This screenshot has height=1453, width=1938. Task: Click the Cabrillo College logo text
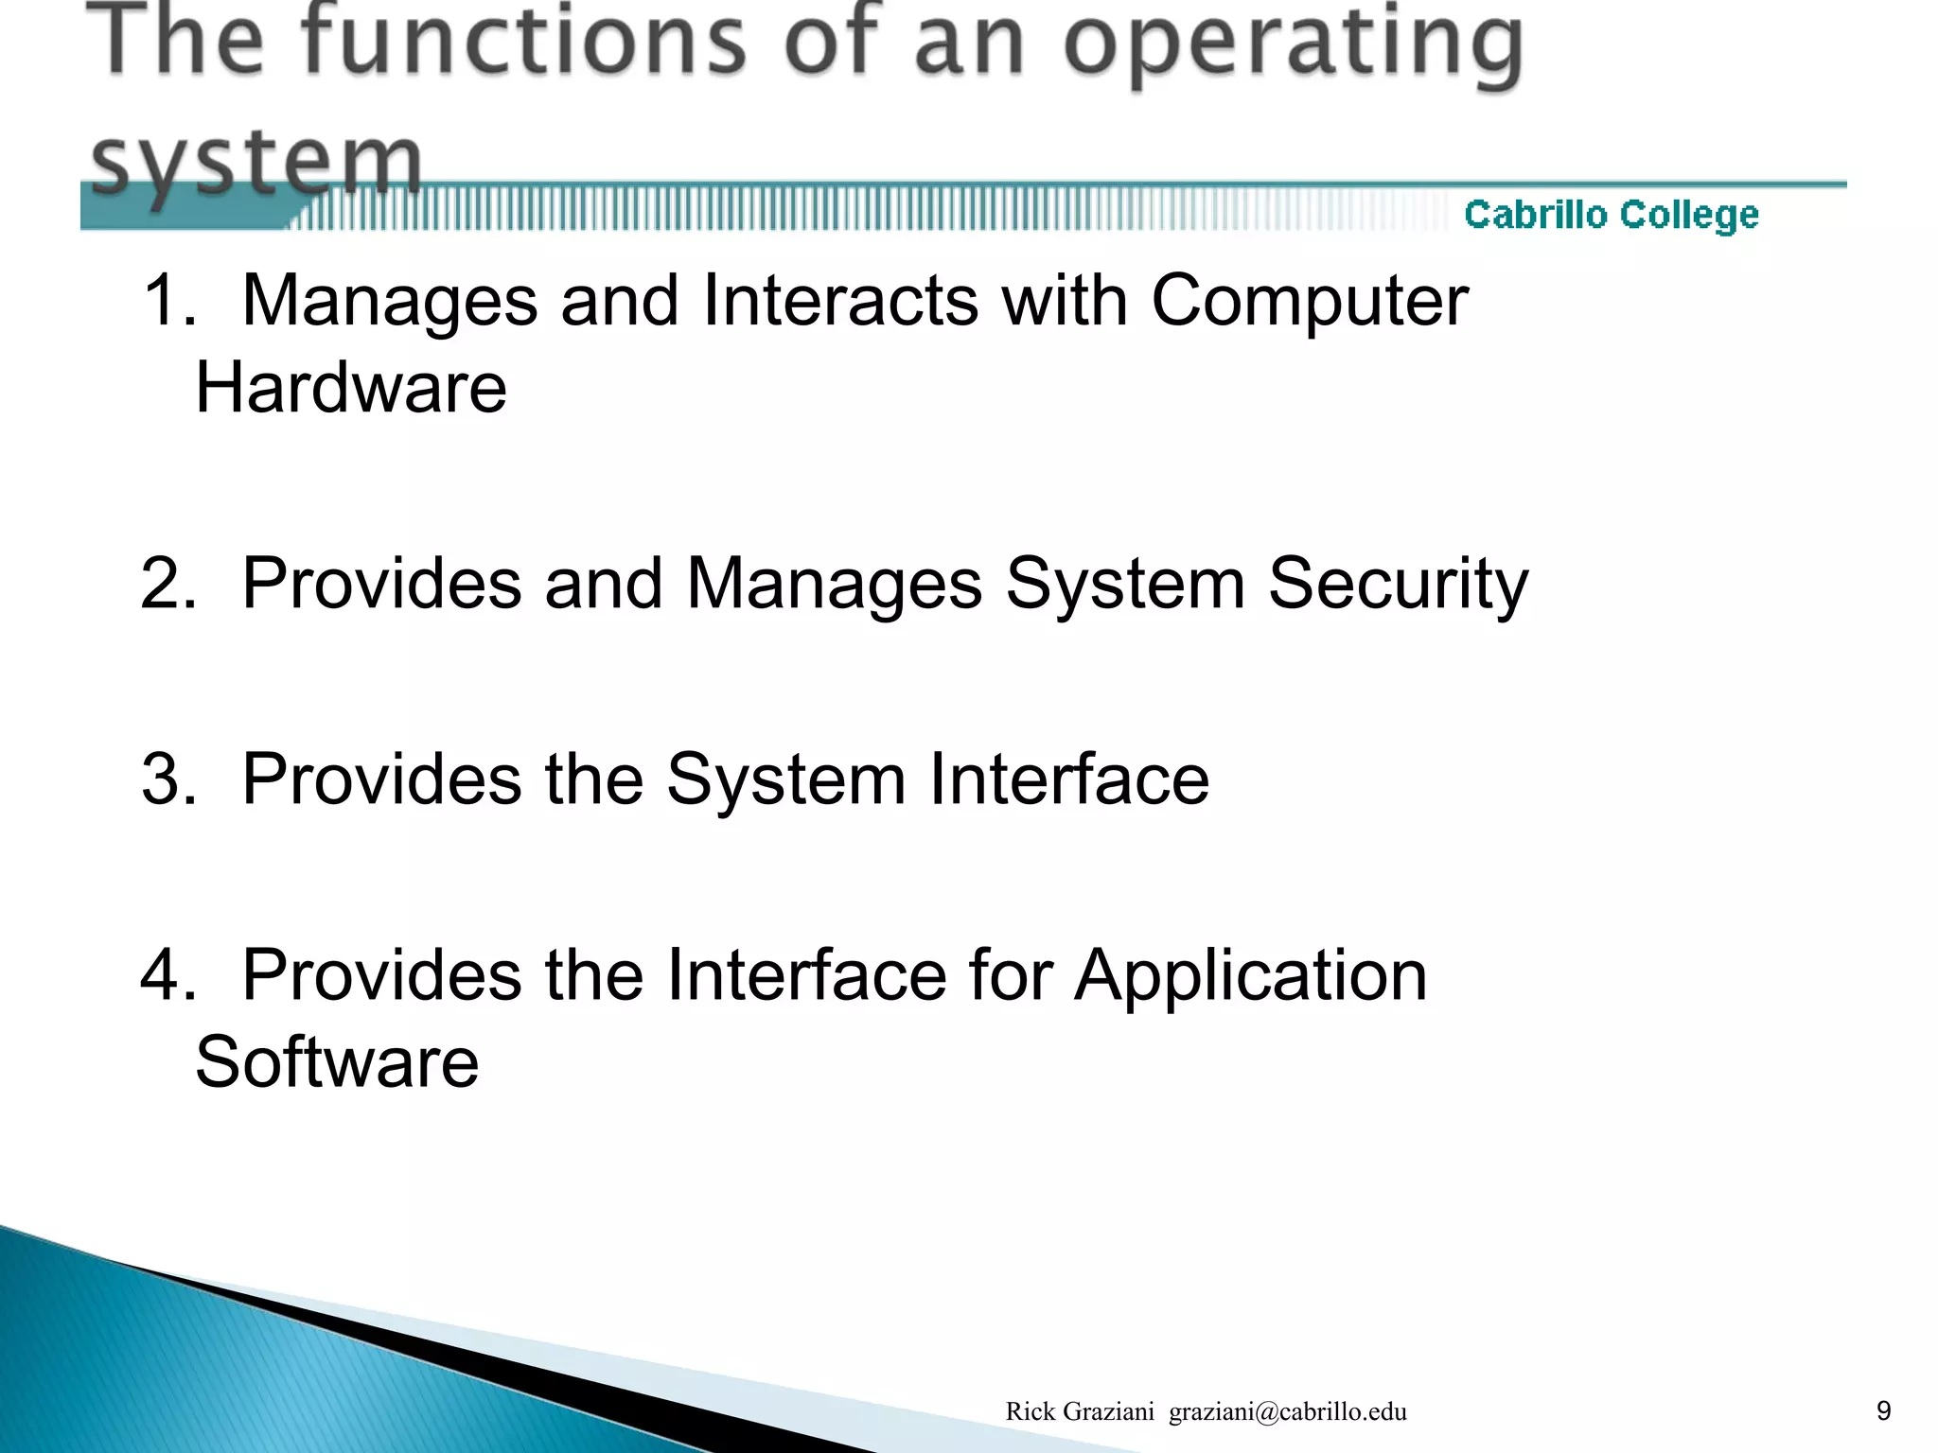(1611, 216)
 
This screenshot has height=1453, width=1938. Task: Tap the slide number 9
(1883, 1410)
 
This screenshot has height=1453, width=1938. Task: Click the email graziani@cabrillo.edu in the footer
(1287, 1411)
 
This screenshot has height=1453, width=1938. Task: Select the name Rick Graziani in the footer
(1079, 1411)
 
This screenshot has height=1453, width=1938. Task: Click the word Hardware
(351, 388)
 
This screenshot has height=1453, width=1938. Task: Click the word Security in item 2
(1398, 585)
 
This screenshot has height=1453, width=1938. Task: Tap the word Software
(337, 1062)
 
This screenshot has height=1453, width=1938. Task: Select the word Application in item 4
(1250, 976)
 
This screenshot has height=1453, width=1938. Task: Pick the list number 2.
(167, 584)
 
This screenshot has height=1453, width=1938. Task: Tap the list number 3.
(167, 779)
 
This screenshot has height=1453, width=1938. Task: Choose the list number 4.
(167, 975)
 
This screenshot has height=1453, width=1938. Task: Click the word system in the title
(255, 161)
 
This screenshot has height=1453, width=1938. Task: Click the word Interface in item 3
(1068, 779)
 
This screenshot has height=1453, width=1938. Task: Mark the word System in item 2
(1124, 585)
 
